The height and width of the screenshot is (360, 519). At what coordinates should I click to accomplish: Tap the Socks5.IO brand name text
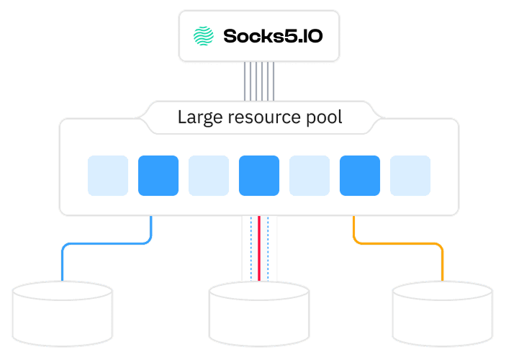(x=272, y=35)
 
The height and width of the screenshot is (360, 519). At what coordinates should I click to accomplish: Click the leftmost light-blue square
(x=108, y=175)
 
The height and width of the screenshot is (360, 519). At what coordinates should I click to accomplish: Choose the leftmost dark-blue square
(x=158, y=175)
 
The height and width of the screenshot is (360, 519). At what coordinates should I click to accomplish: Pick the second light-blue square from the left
(x=209, y=175)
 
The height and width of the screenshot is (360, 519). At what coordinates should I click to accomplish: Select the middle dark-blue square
(x=259, y=175)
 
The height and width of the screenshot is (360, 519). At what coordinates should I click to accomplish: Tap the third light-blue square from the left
(x=310, y=175)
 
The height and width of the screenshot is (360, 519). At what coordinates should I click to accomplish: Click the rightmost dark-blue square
(x=360, y=175)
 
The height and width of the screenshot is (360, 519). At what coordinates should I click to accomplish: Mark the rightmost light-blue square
(x=410, y=175)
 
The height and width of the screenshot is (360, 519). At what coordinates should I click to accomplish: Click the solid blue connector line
(x=108, y=243)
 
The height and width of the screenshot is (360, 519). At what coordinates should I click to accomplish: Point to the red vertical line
(x=259, y=248)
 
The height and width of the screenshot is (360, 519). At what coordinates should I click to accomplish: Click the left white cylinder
(x=63, y=313)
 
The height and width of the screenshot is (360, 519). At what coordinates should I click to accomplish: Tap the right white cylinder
(x=443, y=313)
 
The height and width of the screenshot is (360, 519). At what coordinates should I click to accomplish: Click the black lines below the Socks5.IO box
(x=259, y=81)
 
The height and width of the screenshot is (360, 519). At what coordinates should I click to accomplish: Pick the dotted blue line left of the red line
(x=251, y=248)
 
